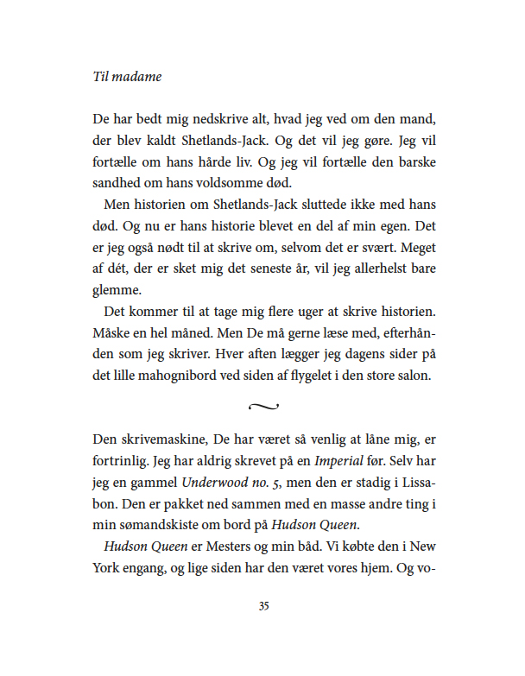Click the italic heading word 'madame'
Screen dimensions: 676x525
pyautogui.click(x=138, y=76)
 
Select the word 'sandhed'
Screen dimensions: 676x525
pyautogui.click(x=114, y=182)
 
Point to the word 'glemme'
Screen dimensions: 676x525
pyautogui.click(x=115, y=291)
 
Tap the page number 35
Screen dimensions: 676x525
pyautogui.click(x=263, y=606)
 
